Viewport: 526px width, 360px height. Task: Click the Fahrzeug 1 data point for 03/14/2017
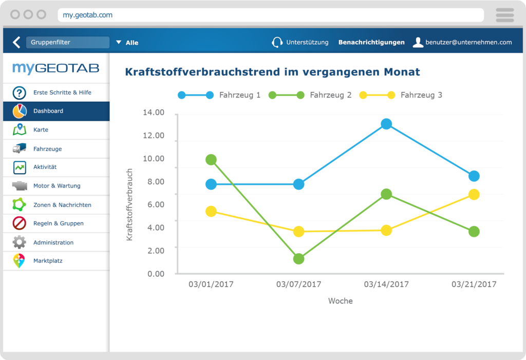[x=386, y=124]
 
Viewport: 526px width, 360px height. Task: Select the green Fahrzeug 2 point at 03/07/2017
[x=298, y=259]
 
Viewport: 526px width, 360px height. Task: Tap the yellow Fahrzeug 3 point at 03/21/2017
[x=474, y=194]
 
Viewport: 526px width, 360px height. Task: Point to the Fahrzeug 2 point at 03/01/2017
[x=211, y=160]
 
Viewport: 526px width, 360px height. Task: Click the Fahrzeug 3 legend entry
[x=421, y=95]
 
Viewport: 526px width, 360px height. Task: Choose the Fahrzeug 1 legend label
[x=239, y=95]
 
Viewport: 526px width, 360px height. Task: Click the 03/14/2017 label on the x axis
[x=386, y=284]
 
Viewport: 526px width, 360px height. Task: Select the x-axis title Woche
[x=341, y=301]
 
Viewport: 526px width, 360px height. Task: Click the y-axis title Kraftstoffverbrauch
[x=129, y=204]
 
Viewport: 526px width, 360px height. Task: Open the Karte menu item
[x=41, y=130]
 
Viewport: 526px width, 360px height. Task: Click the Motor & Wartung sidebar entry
[x=57, y=186]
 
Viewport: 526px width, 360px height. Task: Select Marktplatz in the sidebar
[x=48, y=261]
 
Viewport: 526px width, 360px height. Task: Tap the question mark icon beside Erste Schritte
[x=20, y=93]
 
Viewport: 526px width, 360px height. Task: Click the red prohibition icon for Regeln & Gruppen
[x=20, y=223]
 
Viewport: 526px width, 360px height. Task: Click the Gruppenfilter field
[x=67, y=42]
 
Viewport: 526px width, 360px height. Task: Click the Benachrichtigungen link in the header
[x=371, y=42]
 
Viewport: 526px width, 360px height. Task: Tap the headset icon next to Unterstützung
[x=277, y=42]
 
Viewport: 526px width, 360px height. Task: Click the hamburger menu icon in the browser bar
[x=505, y=15]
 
